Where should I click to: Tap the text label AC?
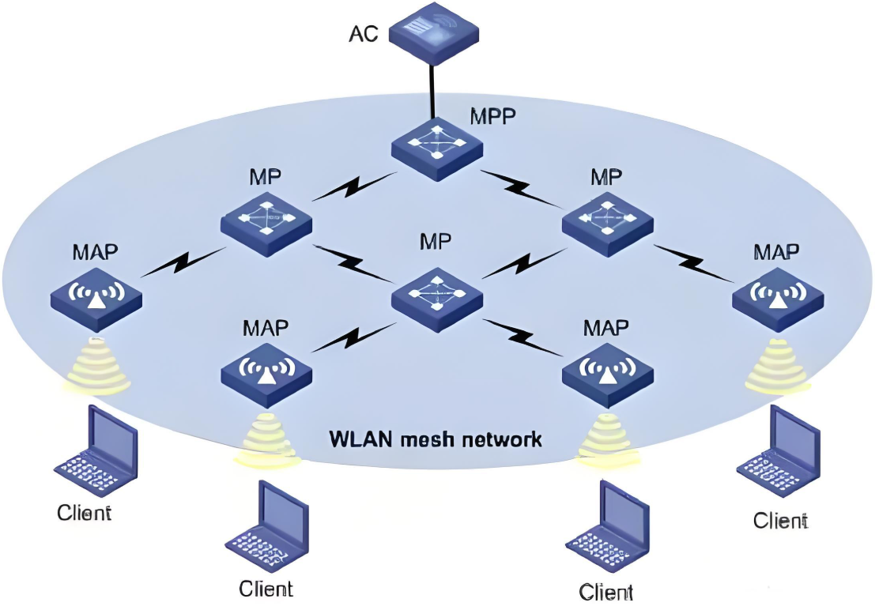364,34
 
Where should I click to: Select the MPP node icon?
437,148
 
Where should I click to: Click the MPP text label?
492,117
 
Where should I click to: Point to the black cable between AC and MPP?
432,92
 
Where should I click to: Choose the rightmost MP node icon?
608,224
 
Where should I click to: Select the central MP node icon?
437,299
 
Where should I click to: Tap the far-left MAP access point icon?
96,299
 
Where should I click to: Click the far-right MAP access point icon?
778,299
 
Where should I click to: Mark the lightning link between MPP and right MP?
522,188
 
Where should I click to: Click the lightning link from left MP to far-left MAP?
182,262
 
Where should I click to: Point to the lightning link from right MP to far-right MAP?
694,263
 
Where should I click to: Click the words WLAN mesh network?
436,439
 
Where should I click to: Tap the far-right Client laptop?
779,451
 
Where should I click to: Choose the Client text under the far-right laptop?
780,521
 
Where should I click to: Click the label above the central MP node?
436,242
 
